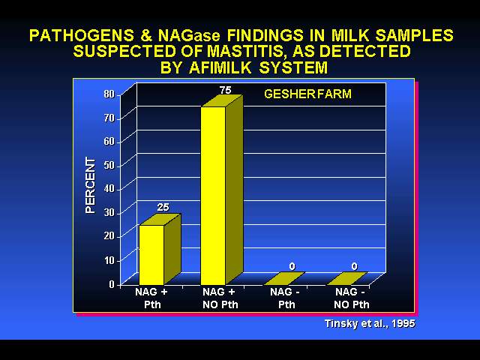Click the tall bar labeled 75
(x=222, y=190)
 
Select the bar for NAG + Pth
(x=160, y=250)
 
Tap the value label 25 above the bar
(x=163, y=207)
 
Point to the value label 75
(x=225, y=90)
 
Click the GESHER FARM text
(x=307, y=94)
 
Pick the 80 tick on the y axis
(x=109, y=94)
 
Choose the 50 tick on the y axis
(x=109, y=165)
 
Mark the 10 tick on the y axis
(x=109, y=260)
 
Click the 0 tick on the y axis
(x=112, y=284)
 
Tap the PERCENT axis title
(x=91, y=185)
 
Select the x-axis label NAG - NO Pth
(x=351, y=298)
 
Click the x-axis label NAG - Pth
(x=286, y=298)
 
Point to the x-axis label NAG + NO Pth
(x=220, y=298)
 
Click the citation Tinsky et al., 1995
(x=370, y=323)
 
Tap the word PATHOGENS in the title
(x=82, y=35)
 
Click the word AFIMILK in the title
(x=220, y=67)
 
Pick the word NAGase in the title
(x=190, y=35)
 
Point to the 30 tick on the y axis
(x=109, y=212)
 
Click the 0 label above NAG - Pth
(x=292, y=267)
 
